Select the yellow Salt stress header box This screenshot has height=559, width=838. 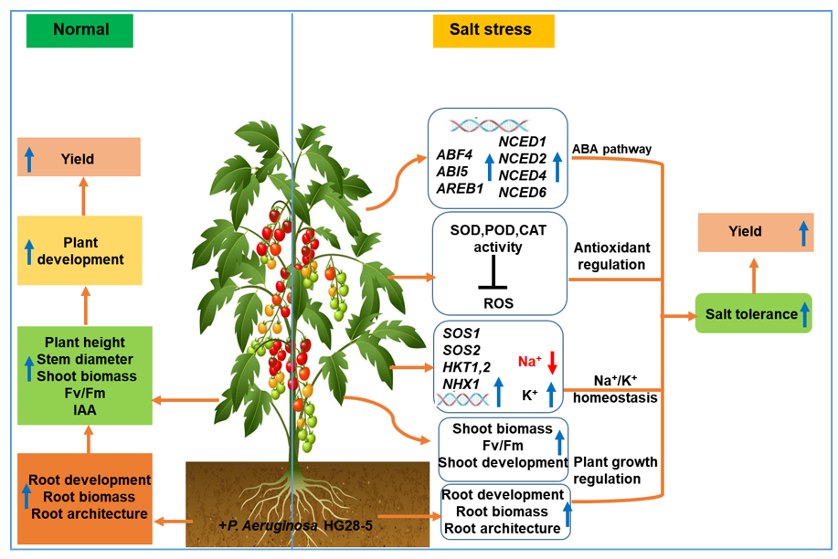point(491,29)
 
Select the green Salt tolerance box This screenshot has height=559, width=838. point(752,314)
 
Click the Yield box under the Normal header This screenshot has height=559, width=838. point(79,157)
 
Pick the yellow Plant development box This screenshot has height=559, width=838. point(79,251)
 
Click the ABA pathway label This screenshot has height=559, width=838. point(611,150)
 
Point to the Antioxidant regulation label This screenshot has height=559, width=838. point(610,256)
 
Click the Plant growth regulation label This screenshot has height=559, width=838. point(614,470)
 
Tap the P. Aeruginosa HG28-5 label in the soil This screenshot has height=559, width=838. point(292,526)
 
